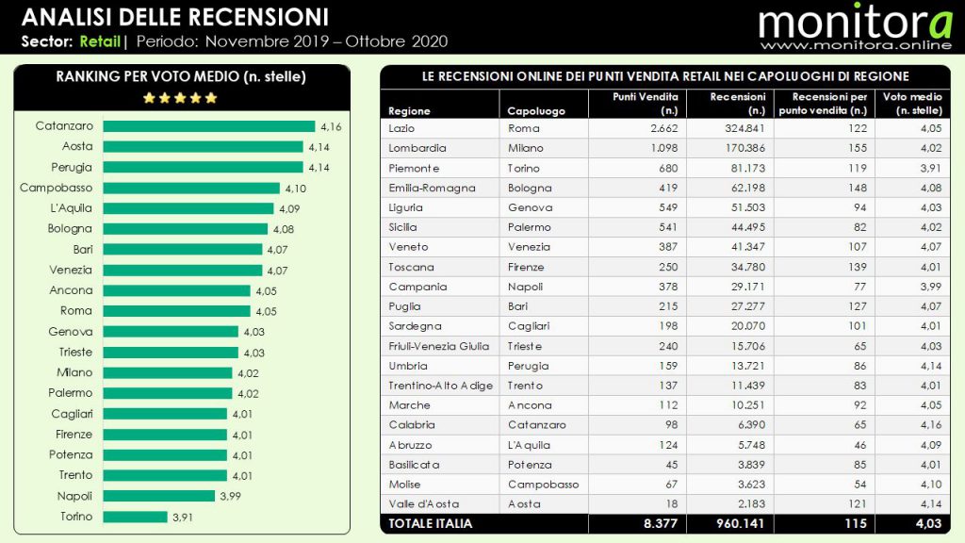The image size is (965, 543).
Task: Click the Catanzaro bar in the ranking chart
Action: point(208,126)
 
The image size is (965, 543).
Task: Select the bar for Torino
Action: point(136,517)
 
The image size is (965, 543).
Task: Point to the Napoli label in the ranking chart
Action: point(74,496)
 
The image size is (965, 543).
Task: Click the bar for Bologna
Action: point(185,229)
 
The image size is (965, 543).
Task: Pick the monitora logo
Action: point(855,21)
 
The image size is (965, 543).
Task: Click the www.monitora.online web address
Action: point(855,45)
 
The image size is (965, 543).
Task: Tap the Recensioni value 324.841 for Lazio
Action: point(738,128)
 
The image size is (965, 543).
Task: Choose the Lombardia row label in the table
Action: point(417,148)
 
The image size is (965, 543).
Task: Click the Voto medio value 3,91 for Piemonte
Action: point(927,168)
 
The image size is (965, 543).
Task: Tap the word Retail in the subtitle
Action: point(100,41)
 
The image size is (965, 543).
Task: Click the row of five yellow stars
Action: point(179,97)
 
